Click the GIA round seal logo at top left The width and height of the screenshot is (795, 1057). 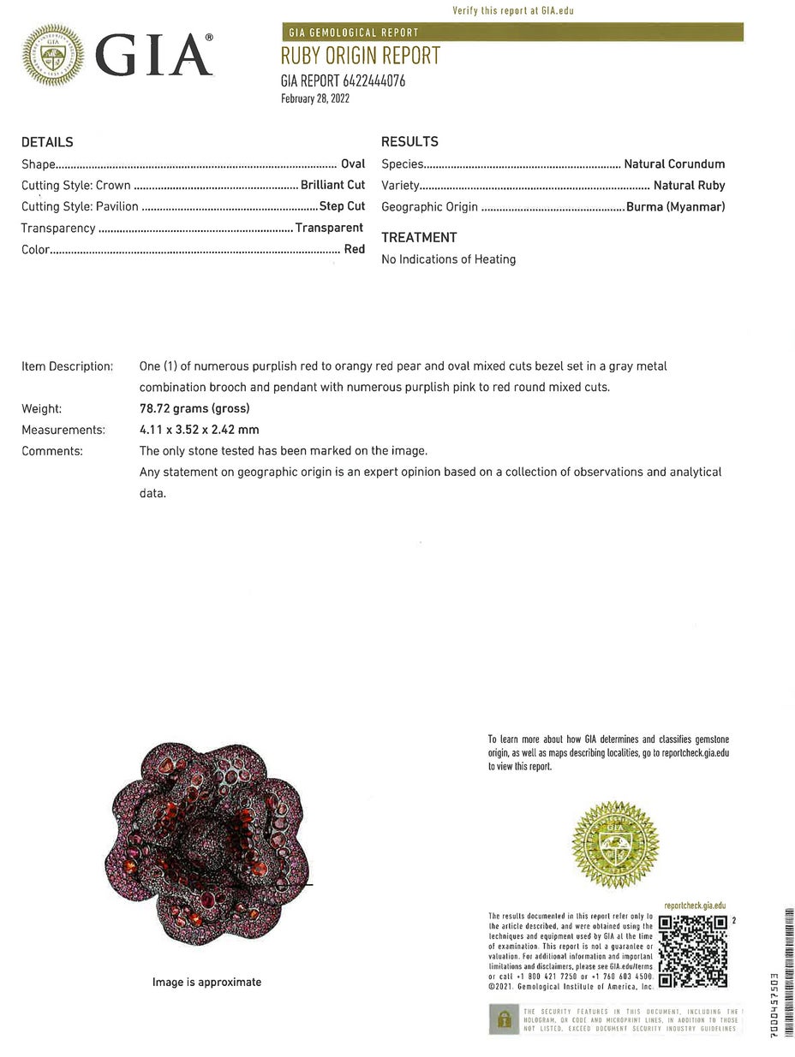point(53,55)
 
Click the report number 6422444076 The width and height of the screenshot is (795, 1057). point(374,81)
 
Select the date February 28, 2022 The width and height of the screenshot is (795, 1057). point(315,98)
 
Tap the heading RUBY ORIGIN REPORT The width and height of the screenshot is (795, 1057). point(360,56)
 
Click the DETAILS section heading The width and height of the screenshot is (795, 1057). point(47,142)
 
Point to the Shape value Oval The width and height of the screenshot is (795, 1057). point(353,163)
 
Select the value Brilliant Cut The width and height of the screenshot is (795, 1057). point(332,185)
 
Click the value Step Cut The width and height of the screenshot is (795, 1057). point(342,206)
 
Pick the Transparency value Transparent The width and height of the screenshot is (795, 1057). point(329,228)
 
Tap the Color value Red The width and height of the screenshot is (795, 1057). point(355,249)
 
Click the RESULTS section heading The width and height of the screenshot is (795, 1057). point(409,142)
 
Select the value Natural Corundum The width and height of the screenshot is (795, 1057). point(674,163)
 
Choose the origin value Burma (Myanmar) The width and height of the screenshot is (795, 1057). point(675,206)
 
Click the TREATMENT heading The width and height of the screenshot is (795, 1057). point(419,237)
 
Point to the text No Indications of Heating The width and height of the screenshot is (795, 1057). point(448,259)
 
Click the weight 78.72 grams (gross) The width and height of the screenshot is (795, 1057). point(194,408)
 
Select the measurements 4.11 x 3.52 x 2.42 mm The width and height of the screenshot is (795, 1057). point(199,430)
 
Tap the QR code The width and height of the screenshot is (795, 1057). point(692,951)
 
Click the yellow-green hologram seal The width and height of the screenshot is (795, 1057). point(615,842)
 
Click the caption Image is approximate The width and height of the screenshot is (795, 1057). point(206,982)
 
